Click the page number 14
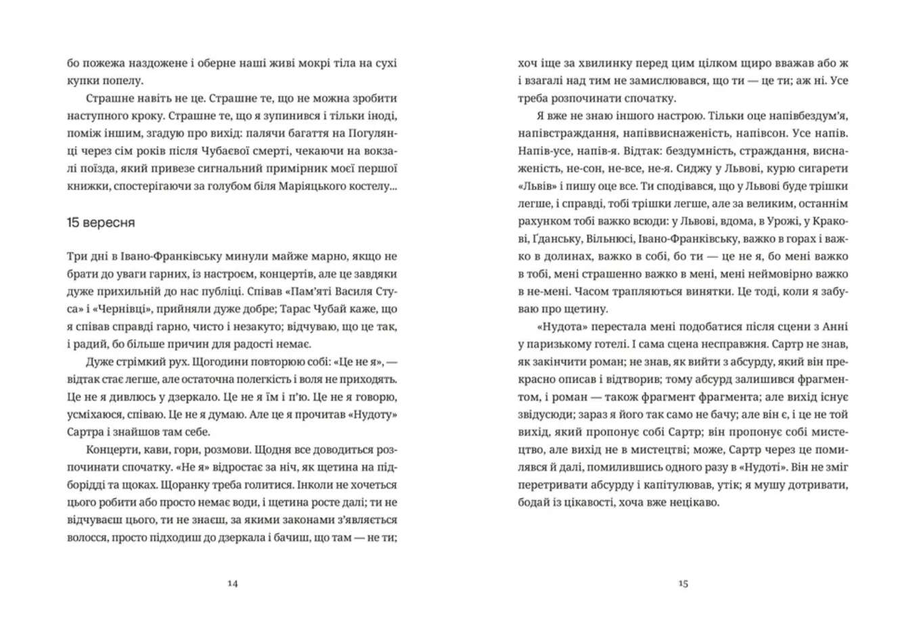(232, 583)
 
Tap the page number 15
(683, 583)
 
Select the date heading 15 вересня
(101, 222)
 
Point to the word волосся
(88, 538)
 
